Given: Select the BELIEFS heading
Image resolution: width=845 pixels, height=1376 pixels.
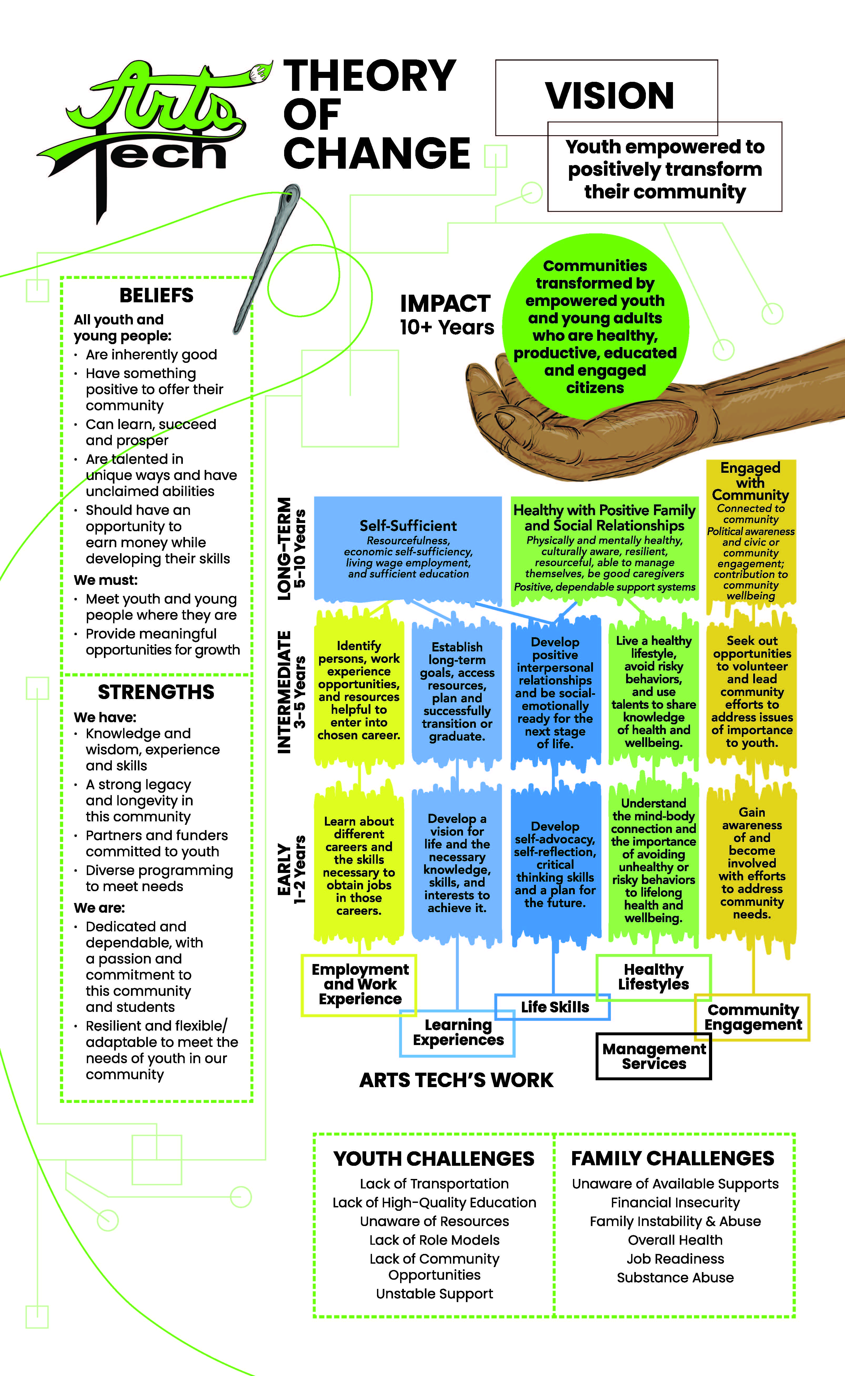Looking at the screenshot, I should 157,295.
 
